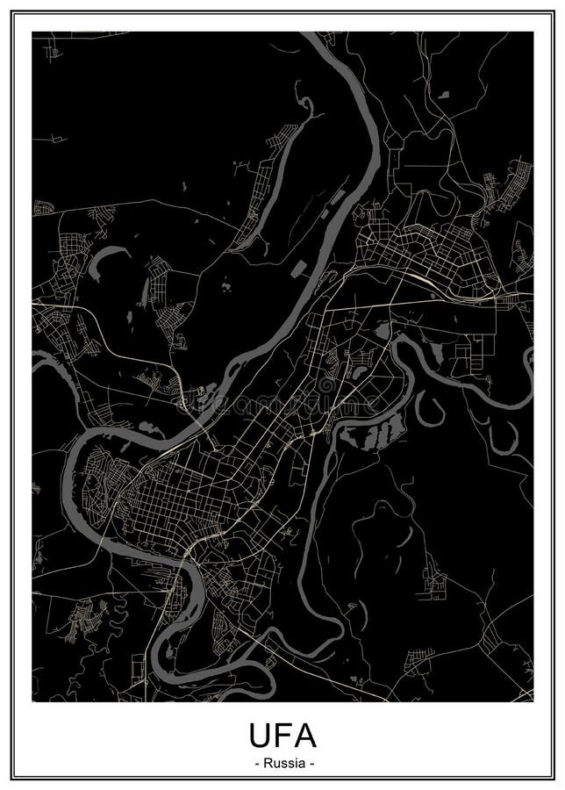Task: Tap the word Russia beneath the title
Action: click(x=282, y=764)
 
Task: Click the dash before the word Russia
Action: click(x=255, y=764)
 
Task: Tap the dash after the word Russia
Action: click(x=311, y=764)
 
